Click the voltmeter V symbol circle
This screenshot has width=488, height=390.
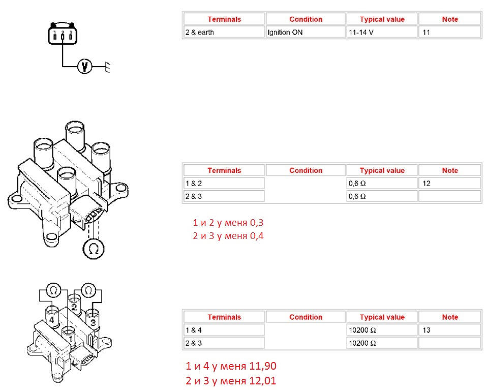click(x=84, y=66)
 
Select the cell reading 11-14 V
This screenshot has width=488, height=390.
click(x=382, y=32)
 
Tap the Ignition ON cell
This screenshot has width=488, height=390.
click(x=306, y=32)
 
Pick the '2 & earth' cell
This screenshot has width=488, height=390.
click(x=224, y=32)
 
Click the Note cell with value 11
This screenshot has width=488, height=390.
click(x=450, y=32)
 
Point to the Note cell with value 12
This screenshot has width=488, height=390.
click(x=450, y=184)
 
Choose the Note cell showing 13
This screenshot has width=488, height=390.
click(x=450, y=330)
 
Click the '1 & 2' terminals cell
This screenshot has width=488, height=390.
click(x=224, y=184)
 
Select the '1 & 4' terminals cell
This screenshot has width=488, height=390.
click(x=224, y=330)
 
